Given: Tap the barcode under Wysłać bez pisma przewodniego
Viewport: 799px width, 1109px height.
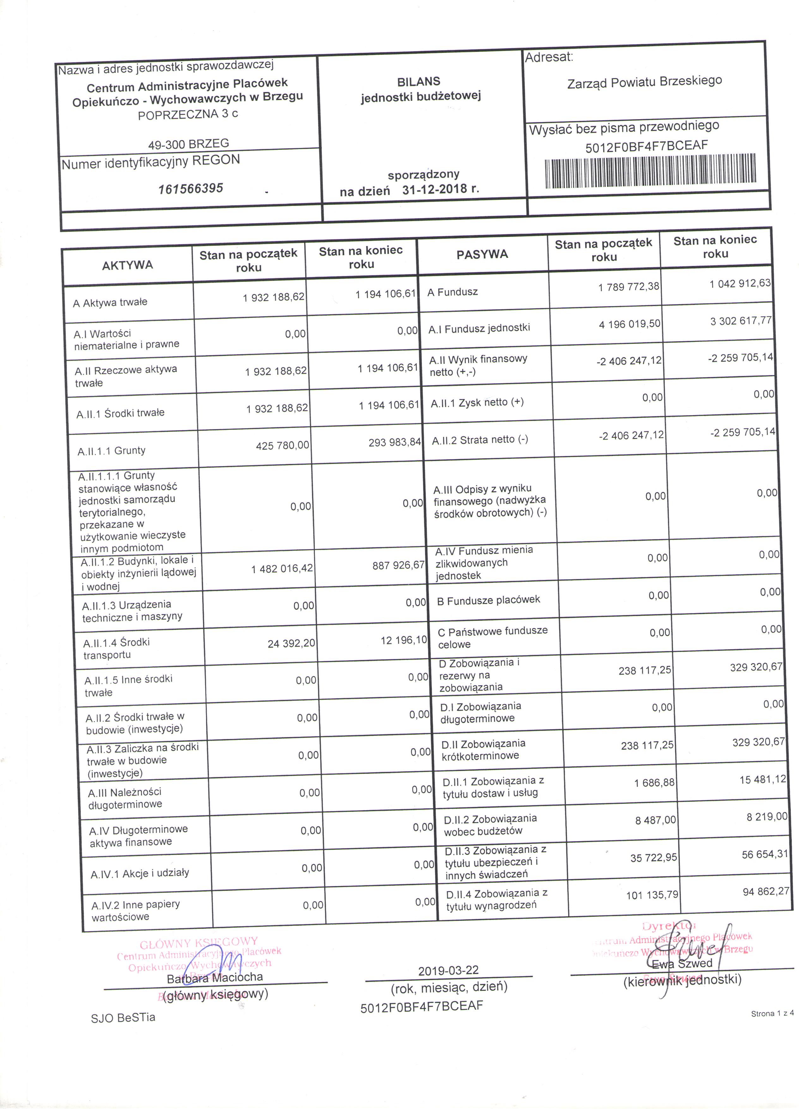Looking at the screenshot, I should [x=650, y=171].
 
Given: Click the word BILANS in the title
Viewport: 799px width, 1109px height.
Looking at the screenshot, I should [x=418, y=82].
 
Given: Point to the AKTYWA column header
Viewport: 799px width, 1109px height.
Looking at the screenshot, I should [x=128, y=265].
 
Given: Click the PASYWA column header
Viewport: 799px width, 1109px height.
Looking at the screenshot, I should [x=482, y=254].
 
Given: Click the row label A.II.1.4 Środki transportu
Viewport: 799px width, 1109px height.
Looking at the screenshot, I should [x=116, y=648].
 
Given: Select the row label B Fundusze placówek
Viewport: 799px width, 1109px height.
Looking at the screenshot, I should [x=489, y=600].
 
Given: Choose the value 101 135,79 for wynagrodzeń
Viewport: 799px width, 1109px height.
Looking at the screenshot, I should [x=652, y=895].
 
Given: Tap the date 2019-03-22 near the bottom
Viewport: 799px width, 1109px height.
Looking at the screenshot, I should [x=448, y=970].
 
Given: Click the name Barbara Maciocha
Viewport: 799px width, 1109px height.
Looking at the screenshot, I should [x=215, y=977].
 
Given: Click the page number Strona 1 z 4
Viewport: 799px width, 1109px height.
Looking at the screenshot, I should [x=772, y=1014].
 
